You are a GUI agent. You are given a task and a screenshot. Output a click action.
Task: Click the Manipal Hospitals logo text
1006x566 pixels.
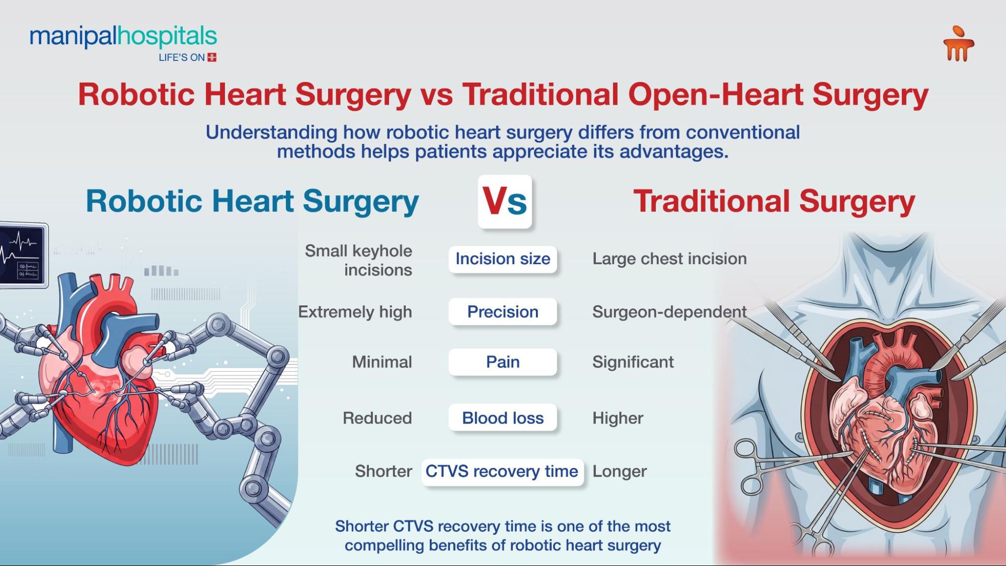coord(123,37)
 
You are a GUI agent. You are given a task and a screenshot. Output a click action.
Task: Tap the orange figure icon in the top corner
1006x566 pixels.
coord(958,45)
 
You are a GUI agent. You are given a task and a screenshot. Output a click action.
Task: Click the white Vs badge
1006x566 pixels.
coord(505,202)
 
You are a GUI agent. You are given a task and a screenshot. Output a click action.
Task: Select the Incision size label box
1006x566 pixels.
coord(503,259)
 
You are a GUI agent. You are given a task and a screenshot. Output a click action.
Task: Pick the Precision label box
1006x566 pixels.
coord(503,312)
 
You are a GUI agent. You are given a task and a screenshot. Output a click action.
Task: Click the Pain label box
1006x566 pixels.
coord(503,362)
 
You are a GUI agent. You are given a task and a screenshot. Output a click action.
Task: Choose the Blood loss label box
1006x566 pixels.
coord(503,418)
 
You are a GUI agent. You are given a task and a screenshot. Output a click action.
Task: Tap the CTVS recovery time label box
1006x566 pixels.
coord(502,472)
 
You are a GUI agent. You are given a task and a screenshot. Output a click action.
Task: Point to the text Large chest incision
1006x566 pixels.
coord(669,259)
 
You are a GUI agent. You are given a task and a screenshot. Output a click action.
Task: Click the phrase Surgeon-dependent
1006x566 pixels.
coord(669,312)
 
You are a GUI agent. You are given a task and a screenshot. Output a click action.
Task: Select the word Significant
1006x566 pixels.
coord(633,362)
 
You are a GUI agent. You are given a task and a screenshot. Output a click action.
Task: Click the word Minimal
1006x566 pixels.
coord(382,362)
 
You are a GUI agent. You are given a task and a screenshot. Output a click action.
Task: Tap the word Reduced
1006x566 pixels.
coord(377,418)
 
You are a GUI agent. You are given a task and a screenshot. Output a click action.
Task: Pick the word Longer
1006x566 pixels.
coord(620,472)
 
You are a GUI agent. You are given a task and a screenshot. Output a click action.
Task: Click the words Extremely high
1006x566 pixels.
coord(355,312)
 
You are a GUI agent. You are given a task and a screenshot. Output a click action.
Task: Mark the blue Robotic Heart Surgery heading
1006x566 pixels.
coord(252,202)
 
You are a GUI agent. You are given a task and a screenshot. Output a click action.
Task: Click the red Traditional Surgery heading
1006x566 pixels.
coord(773,202)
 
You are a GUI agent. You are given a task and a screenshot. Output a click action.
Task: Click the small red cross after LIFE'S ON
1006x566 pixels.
coord(212,57)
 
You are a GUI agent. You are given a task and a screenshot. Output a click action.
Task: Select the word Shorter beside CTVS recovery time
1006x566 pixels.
coord(383,472)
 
